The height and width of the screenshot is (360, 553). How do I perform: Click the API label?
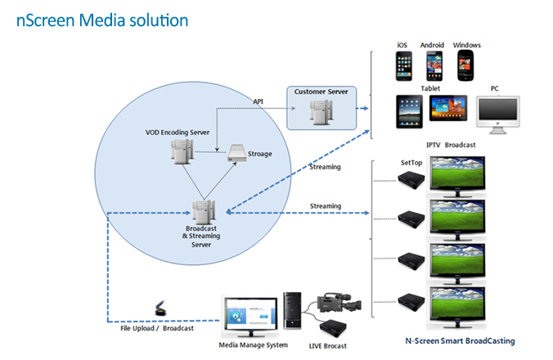click(259, 101)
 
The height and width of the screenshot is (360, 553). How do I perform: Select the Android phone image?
click(434, 65)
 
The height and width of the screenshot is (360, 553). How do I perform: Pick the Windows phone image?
click(465, 65)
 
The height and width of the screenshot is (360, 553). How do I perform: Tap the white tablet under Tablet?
click(408, 111)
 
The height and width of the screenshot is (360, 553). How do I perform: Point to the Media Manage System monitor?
click(249, 316)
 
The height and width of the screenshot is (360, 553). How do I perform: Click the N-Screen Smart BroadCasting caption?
click(460, 340)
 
